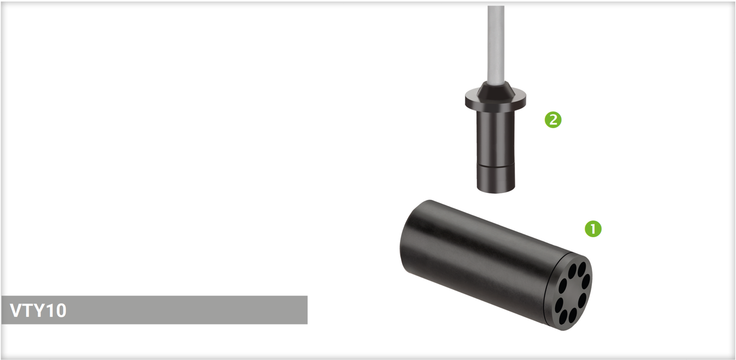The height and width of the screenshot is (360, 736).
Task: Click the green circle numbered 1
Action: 593,229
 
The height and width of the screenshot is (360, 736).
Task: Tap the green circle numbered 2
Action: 553,120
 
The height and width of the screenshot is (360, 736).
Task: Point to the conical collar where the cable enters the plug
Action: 496,90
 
